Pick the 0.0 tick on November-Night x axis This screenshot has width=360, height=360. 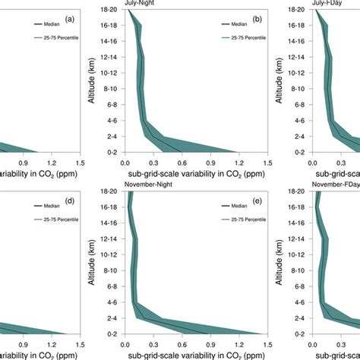point(125,343)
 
